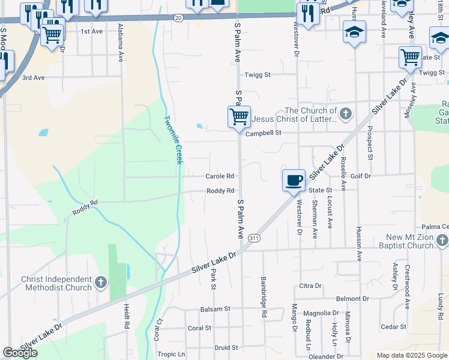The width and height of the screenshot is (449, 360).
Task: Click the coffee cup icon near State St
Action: (294, 180)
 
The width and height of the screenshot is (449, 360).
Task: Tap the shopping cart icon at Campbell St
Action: (239, 116)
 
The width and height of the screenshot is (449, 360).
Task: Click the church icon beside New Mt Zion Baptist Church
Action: (442, 241)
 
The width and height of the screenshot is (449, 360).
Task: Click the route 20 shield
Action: (178, 18)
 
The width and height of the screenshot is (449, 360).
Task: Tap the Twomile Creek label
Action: (173, 139)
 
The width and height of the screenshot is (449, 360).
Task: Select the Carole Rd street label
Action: (220, 176)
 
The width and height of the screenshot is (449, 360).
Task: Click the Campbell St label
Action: (264, 133)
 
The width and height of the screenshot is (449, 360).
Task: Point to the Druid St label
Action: (226, 347)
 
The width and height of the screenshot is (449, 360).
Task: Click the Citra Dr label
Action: (310, 286)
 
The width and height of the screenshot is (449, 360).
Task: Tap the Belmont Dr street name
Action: (357, 298)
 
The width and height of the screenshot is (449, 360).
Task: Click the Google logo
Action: (20, 353)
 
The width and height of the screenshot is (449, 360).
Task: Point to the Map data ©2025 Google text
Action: (411, 355)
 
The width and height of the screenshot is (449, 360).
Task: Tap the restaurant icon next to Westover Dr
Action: (308, 13)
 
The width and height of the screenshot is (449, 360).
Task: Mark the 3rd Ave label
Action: (34, 78)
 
